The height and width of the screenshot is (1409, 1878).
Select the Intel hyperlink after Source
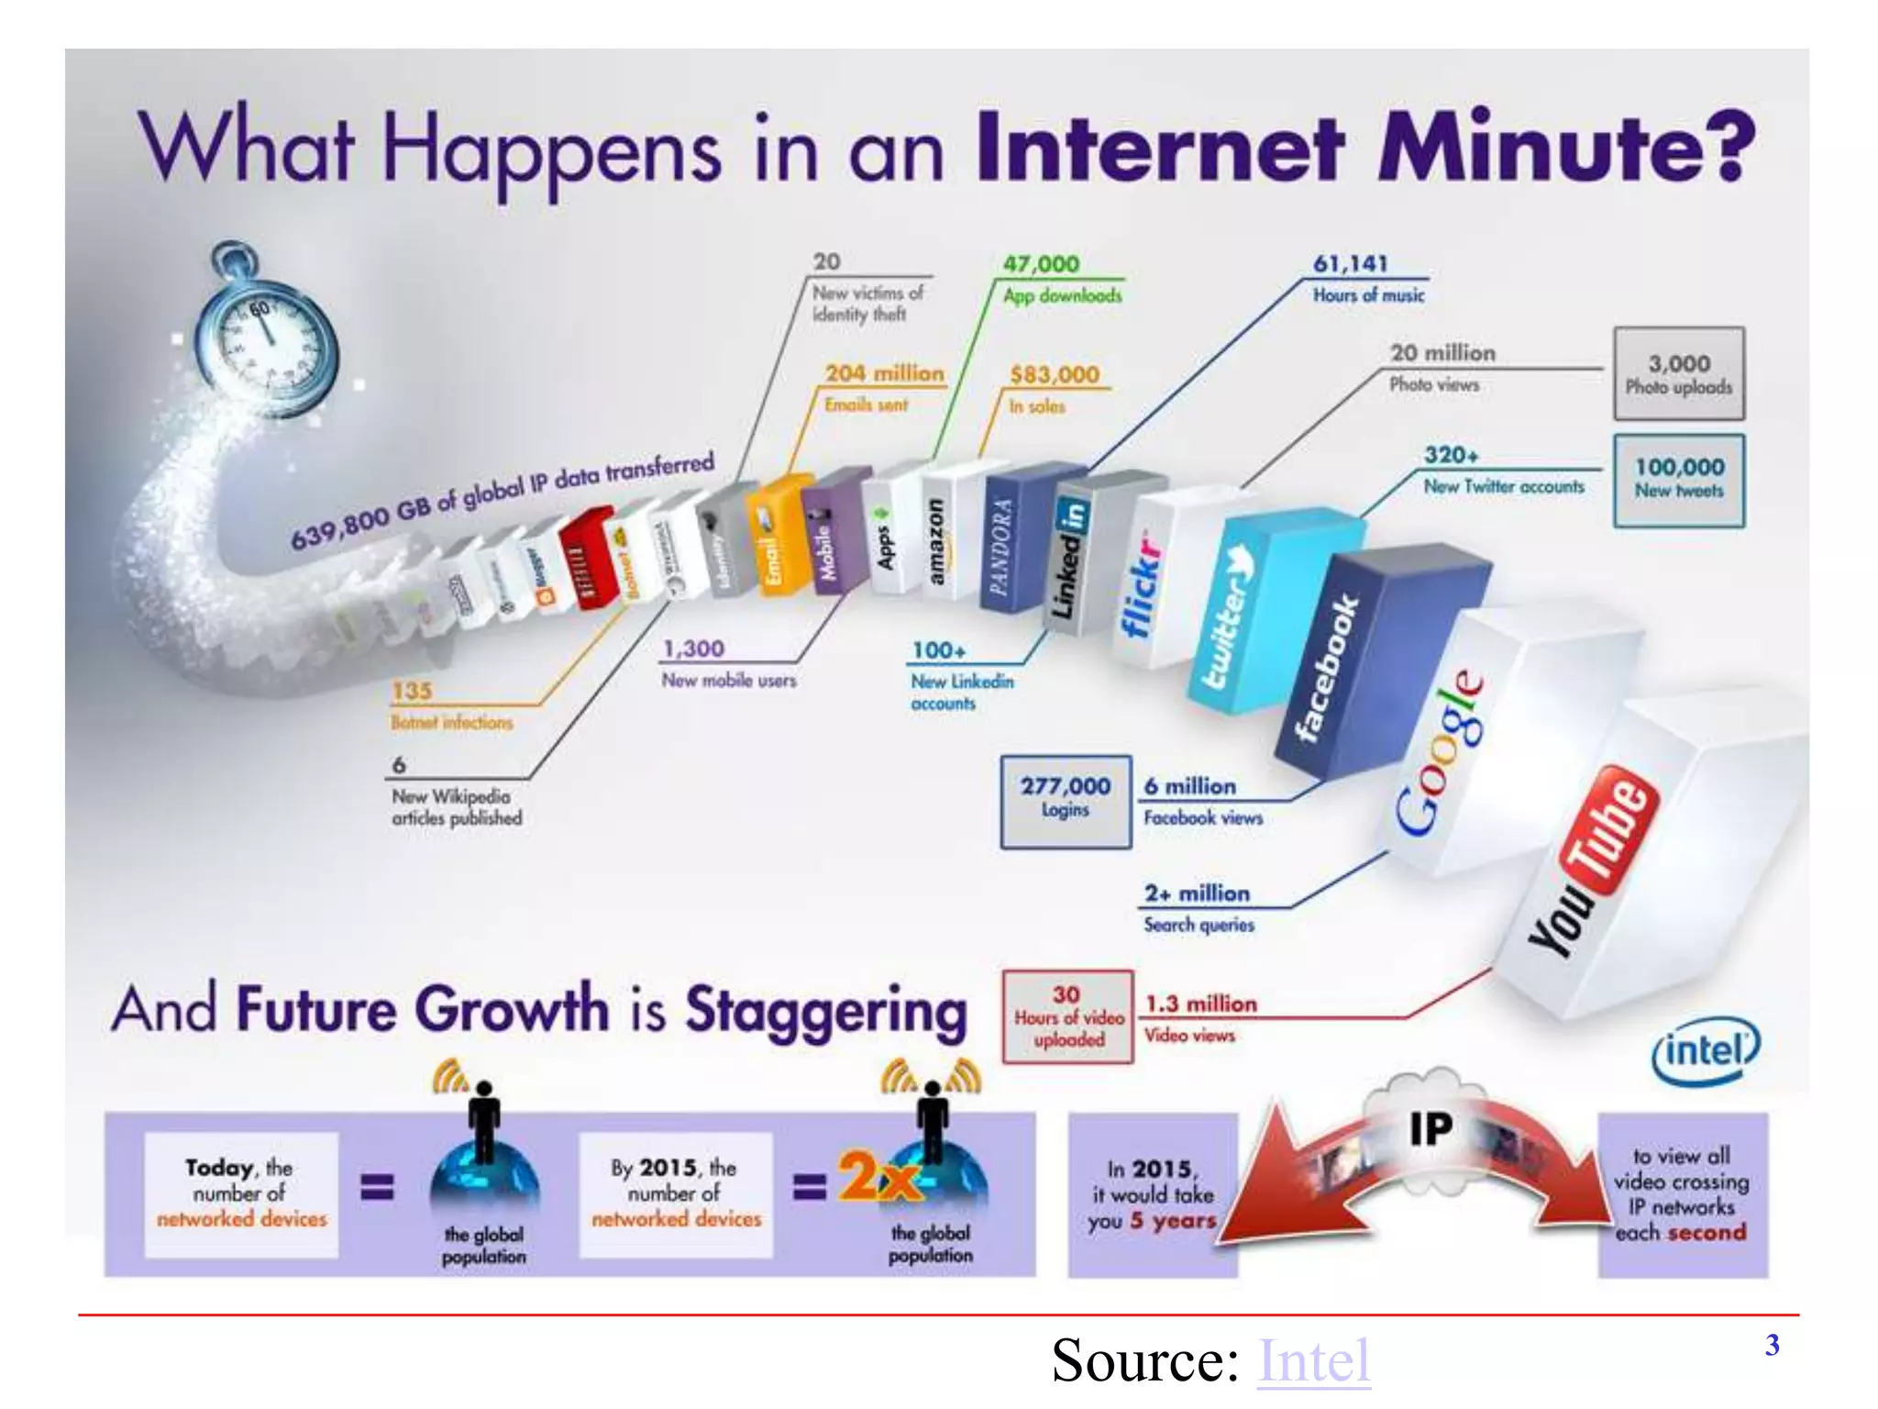[x=1313, y=1360]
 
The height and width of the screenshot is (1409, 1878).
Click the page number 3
[x=1772, y=1345]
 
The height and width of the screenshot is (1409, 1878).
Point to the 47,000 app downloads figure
[x=1041, y=264]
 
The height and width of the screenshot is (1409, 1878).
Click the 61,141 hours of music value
[x=1351, y=264]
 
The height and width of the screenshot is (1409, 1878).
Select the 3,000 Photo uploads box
[x=1679, y=373]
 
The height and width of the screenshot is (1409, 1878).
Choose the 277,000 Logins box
[x=1066, y=800]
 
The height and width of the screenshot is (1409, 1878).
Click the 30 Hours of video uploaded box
[x=1068, y=1016]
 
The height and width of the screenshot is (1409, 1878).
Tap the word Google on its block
[x=1440, y=752]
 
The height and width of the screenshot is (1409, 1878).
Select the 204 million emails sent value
[x=884, y=373]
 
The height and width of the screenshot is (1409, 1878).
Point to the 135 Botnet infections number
[x=412, y=691]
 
